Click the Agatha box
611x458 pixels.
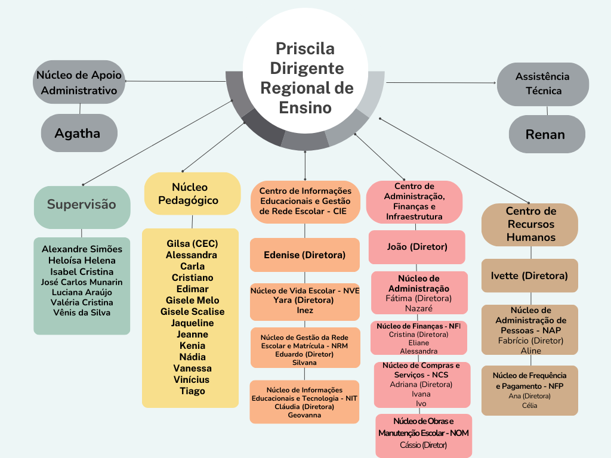79,133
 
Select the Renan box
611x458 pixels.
547,134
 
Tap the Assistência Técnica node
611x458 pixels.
543,84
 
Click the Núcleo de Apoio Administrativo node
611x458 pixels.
79,82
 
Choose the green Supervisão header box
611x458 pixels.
82,207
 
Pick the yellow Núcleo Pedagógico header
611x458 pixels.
193,194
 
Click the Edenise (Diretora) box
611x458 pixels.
305,255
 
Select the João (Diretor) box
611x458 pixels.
417,247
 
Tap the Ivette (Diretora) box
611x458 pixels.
530,276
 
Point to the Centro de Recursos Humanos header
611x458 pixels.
530,224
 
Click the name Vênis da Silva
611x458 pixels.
82,312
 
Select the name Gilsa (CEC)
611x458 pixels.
192,243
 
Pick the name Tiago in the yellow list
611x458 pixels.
192,391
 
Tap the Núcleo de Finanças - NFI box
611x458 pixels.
418,338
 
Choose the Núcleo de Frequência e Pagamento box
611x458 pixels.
530,390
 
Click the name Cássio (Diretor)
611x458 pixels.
423,445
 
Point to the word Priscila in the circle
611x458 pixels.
305,49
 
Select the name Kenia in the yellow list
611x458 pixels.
192,345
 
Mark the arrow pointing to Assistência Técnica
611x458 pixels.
441,82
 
